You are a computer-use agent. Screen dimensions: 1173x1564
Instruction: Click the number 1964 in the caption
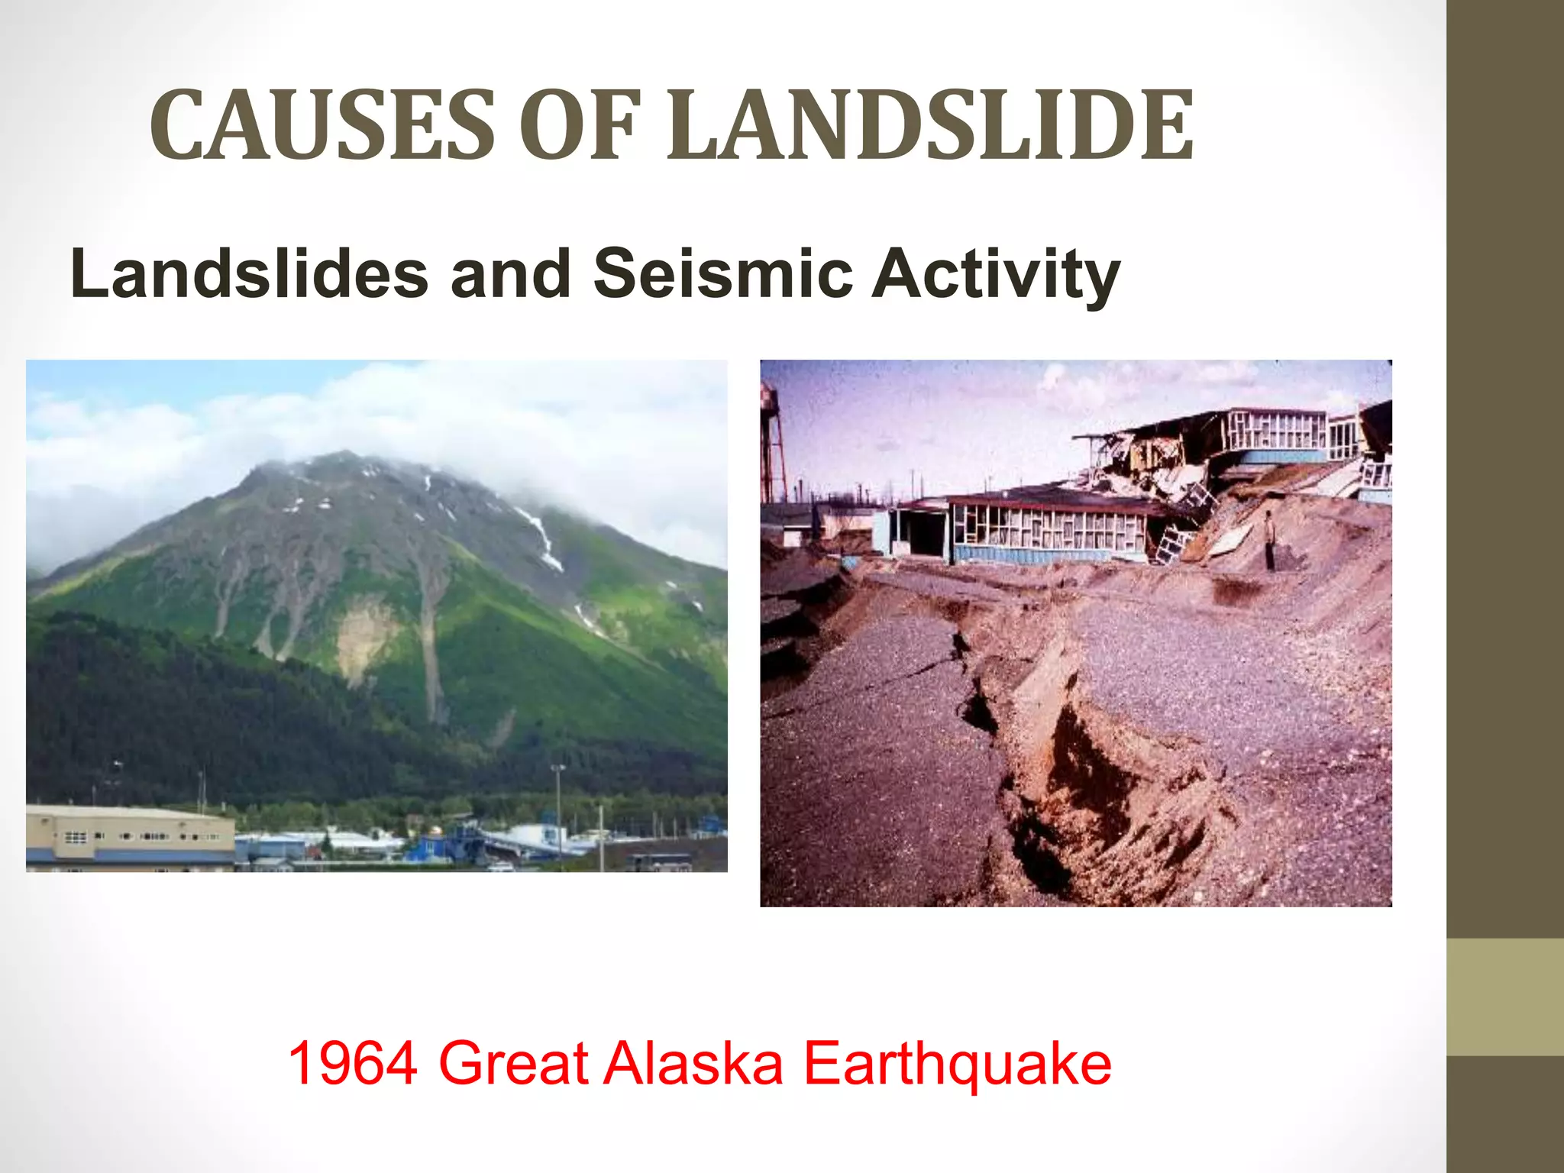(x=353, y=1062)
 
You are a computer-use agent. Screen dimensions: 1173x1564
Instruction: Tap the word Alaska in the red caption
(x=693, y=1062)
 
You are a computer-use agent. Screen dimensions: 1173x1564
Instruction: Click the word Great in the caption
(x=513, y=1062)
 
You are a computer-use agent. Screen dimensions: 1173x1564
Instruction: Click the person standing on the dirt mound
(x=1269, y=539)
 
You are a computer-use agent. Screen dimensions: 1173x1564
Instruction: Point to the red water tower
(x=774, y=443)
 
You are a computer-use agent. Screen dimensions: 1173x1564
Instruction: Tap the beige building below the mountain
(x=130, y=837)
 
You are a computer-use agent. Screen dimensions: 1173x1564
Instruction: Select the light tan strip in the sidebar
(x=1505, y=997)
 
